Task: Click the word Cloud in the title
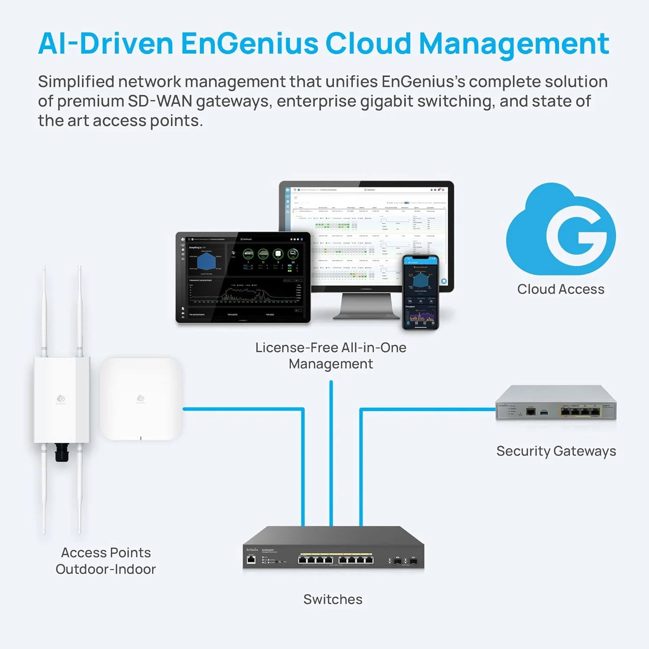[x=368, y=44]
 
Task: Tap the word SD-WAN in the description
[x=160, y=101]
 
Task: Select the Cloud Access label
[x=561, y=289]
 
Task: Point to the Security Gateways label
[x=556, y=451]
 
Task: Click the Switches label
[x=333, y=599]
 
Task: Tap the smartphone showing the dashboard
[x=421, y=292]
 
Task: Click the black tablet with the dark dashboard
[x=243, y=277]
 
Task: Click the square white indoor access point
[x=141, y=398]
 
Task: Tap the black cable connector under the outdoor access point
[x=62, y=453]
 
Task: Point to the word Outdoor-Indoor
[x=106, y=569]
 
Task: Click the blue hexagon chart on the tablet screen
[x=206, y=261]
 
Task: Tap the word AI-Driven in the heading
[x=106, y=44]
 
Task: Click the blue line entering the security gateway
[x=428, y=409]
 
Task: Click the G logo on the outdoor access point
[x=61, y=398]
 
